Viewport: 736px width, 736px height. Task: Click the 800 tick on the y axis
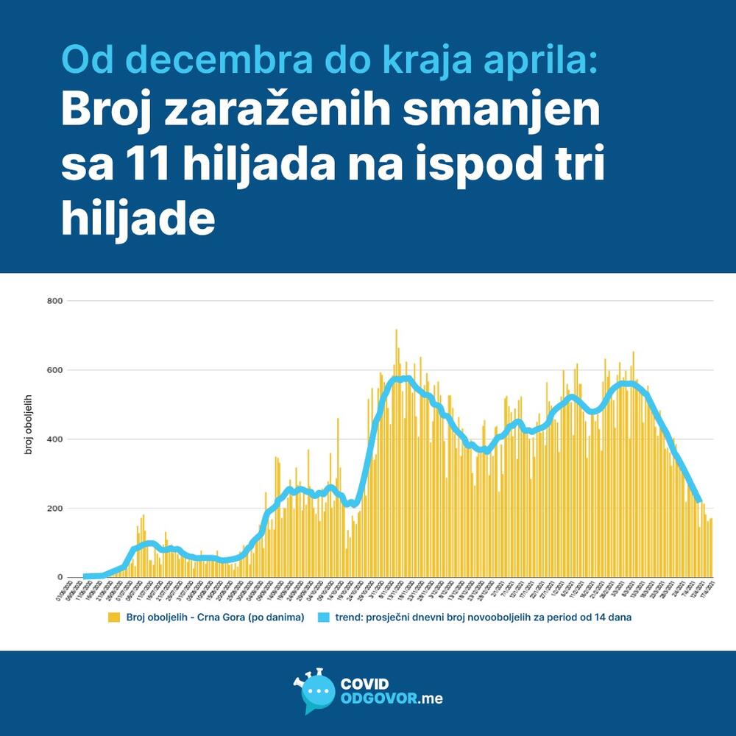click(54, 301)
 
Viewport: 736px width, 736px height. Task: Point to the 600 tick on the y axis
click(54, 370)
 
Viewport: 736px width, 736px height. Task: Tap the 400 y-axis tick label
click(54, 439)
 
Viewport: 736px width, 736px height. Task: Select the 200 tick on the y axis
click(54, 509)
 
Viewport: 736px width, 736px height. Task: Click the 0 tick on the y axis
click(60, 578)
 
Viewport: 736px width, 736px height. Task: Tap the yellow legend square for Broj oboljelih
click(113, 618)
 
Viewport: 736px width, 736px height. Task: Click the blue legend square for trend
click(325, 618)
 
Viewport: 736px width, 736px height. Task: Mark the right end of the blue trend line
click(699, 500)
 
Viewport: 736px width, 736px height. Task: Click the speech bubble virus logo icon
click(314, 693)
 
